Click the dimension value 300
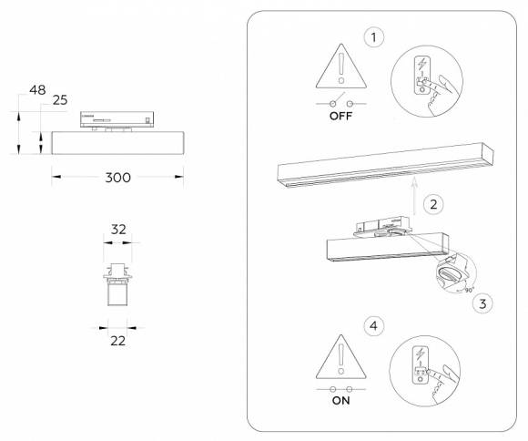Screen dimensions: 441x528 [119, 177]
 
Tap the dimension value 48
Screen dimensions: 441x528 [37, 89]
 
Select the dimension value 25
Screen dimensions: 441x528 [60, 99]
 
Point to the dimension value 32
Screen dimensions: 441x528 [118, 231]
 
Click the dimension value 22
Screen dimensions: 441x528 [117, 340]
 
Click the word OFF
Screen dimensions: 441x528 [341, 118]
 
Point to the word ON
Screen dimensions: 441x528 [341, 400]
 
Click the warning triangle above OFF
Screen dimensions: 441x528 [340, 72]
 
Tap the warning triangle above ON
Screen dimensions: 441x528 [341, 356]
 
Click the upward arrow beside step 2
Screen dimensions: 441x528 [413, 197]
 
